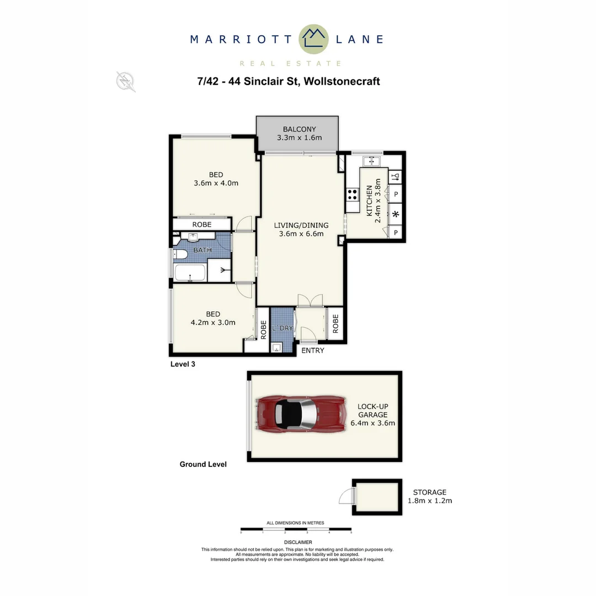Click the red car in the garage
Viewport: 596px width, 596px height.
point(301,415)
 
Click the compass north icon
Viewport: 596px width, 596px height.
point(126,82)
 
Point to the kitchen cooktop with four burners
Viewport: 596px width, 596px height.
point(352,195)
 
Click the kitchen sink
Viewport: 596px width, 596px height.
point(371,161)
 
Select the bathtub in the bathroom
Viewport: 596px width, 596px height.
point(190,273)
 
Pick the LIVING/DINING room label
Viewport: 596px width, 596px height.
point(301,225)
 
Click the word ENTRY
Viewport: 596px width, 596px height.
point(312,350)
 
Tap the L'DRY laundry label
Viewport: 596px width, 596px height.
point(283,328)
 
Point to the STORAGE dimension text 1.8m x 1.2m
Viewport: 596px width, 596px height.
point(430,501)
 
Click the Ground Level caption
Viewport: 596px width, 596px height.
point(203,465)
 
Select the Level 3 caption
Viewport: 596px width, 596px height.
point(183,364)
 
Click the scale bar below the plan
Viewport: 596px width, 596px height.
point(296,529)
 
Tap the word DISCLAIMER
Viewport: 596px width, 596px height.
point(298,543)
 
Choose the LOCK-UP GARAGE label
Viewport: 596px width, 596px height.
point(372,410)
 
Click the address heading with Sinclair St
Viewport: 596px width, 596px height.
point(289,82)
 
